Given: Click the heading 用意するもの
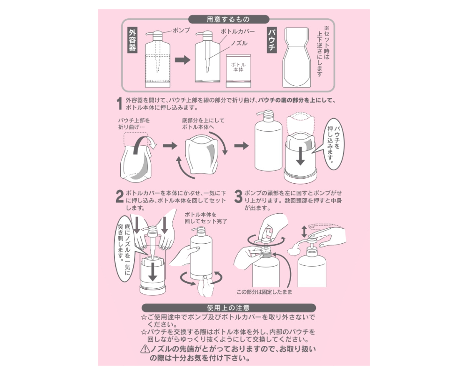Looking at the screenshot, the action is (229, 19).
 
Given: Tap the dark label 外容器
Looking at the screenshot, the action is (132, 41).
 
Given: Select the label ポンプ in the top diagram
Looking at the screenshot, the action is (181, 30).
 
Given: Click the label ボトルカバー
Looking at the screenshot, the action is (238, 32).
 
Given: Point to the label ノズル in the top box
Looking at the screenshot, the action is (239, 44).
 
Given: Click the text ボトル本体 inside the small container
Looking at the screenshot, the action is (238, 67).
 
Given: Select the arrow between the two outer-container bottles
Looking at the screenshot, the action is (183, 60).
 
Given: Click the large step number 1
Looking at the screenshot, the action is (119, 104).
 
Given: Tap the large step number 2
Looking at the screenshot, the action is (119, 196).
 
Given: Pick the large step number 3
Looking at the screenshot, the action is (238, 196).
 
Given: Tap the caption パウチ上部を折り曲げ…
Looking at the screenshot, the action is (134, 123).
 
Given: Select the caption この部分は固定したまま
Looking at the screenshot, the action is (264, 292).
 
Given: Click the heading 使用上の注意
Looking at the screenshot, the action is (229, 307).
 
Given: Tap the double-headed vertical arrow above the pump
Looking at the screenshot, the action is (304, 232).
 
